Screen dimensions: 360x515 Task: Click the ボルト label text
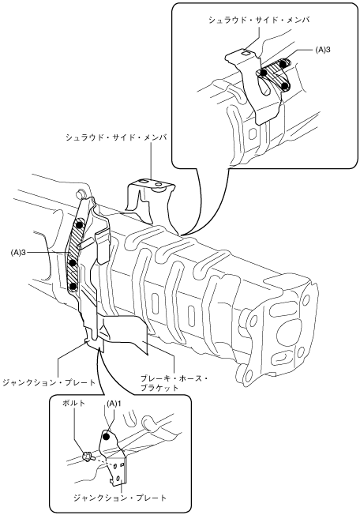point(74,403)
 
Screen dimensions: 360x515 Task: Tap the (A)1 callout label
point(113,403)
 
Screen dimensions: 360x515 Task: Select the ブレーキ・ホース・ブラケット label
point(174,382)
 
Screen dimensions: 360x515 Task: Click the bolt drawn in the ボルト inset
point(88,456)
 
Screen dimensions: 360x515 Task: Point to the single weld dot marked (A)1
point(106,437)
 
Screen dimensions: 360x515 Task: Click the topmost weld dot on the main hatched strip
point(79,224)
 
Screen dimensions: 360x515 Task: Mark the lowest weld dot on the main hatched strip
point(73,287)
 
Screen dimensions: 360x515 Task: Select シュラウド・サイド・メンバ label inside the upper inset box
point(259,20)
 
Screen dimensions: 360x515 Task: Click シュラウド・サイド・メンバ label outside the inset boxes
point(116,137)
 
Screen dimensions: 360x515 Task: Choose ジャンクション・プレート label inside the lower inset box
point(120,498)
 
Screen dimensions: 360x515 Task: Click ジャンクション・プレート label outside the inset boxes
point(49,382)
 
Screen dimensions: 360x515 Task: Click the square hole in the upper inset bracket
point(246,52)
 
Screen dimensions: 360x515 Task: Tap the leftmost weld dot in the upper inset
point(264,73)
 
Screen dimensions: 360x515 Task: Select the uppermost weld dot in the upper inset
point(284,63)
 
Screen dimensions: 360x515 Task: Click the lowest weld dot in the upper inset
point(285,86)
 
